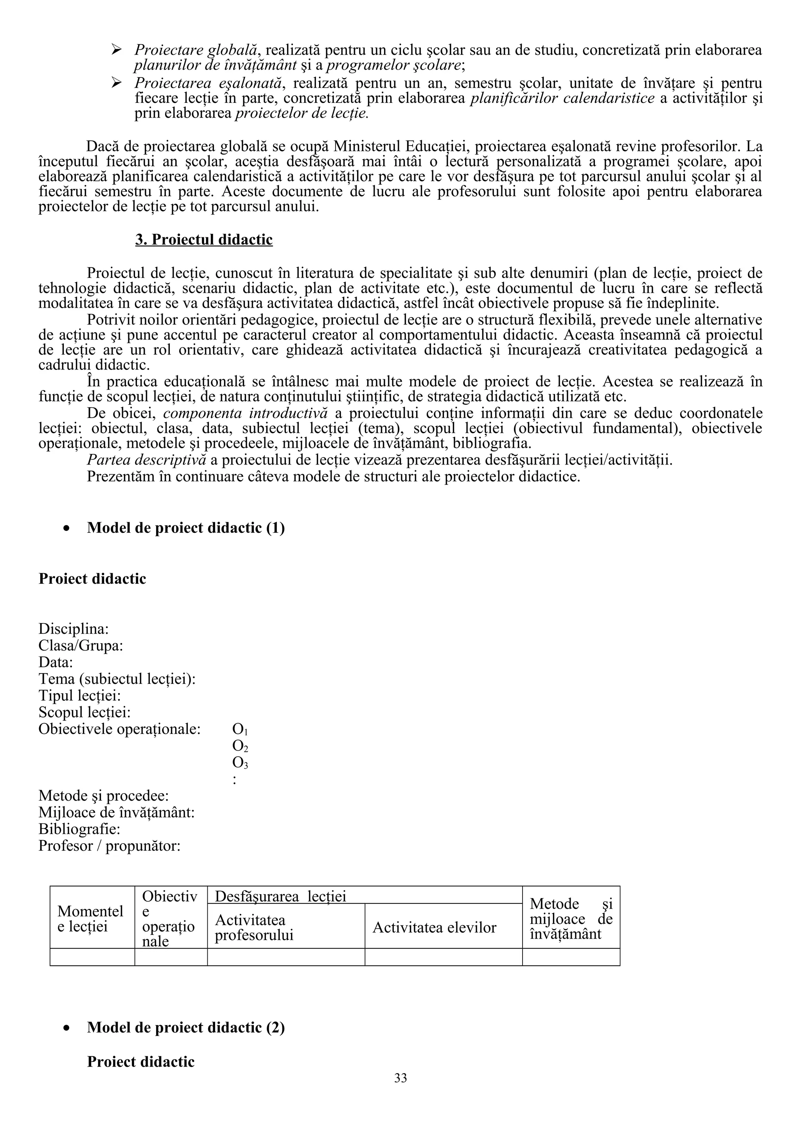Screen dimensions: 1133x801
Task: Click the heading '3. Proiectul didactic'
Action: click(x=204, y=240)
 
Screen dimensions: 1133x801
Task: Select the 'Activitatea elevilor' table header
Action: click(x=434, y=928)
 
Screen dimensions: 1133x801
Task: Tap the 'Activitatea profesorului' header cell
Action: click(x=254, y=928)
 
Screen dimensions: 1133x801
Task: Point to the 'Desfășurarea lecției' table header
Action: click(x=281, y=896)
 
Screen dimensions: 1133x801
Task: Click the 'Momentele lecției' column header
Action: click(x=90, y=919)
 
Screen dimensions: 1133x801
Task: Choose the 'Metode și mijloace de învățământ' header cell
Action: click(x=571, y=919)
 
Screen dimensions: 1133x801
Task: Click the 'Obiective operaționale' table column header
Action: click(x=169, y=919)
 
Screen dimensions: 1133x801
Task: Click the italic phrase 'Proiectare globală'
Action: click(x=196, y=50)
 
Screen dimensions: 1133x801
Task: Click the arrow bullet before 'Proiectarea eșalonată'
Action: click(x=117, y=82)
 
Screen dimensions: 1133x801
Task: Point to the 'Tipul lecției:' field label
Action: click(x=79, y=696)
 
